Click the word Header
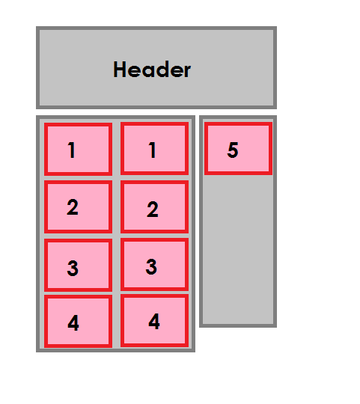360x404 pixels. click(x=152, y=70)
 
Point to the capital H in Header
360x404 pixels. click(x=119, y=70)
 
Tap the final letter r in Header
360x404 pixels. click(x=187, y=71)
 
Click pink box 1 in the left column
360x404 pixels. click(x=78, y=149)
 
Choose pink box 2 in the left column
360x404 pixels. click(x=78, y=207)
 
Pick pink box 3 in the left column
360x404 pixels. click(x=78, y=265)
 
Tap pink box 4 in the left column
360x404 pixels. click(x=78, y=321)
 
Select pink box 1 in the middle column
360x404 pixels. click(x=155, y=149)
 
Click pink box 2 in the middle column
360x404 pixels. click(x=155, y=207)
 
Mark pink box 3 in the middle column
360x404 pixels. click(x=155, y=265)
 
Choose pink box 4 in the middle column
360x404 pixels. click(x=155, y=321)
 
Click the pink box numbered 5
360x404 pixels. click(x=238, y=149)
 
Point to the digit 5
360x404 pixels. click(x=233, y=150)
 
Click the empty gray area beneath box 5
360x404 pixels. click(x=238, y=249)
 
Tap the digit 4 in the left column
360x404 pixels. click(x=73, y=323)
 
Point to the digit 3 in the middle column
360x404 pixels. click(x=151, y=266)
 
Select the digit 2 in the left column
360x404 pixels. click(x=73, y=207)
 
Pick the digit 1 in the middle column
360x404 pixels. click(x=153, y=150)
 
